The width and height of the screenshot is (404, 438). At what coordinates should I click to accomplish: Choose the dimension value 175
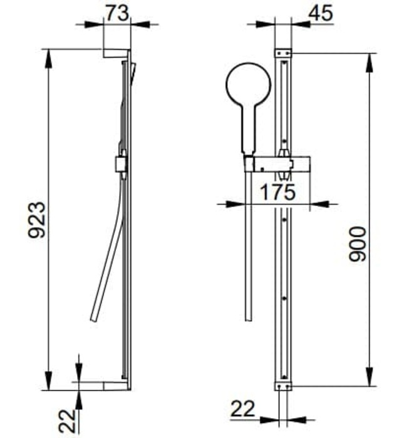point(275,192)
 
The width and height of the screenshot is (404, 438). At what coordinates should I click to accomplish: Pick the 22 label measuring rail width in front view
point(244,409)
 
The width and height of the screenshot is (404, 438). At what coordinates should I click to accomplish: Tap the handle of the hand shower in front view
point(249,135)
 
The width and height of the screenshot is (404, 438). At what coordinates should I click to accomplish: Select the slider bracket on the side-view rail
point(122,164)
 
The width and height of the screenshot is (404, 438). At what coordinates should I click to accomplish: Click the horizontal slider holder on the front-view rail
point(282,164)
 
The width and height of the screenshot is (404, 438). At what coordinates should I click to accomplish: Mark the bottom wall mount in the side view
point(116,385)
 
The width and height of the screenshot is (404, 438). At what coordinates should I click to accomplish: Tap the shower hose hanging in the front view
point(248,250)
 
